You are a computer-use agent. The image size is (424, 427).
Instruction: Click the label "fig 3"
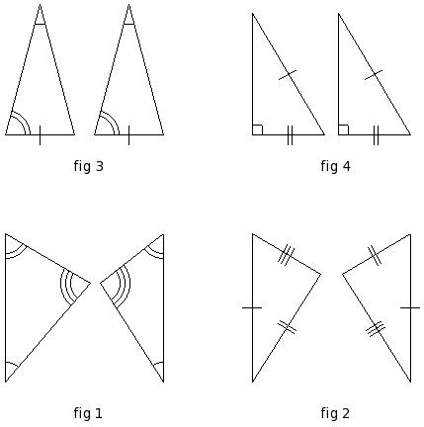pyautogui.click(x=89, y=166)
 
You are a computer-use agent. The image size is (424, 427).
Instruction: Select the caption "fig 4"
pyautogui.click(x=335, y=166)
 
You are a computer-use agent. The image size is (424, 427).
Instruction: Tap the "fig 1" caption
pyautogui.click(x=88, y=413)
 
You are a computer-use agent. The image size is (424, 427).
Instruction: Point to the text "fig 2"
pyautogui.click(x=335, y=413)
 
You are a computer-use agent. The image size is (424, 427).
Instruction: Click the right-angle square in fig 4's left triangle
pyautogui.click(x=258, y=129)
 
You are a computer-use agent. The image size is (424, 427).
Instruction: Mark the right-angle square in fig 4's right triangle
pyautogui.click(x=343, y=129)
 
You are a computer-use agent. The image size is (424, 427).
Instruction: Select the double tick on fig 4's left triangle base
pyautogui.click(x=290, y=135)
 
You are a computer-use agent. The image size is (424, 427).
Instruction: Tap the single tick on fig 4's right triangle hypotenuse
pyautogui.click(x=374, y=75)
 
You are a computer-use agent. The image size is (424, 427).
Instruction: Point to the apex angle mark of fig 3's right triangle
pyautogui.click(x=128, y=24)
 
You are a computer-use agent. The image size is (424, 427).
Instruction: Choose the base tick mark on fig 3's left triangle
pyautogui.click(x=40, y=135)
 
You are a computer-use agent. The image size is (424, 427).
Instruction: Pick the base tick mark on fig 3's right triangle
pyautogui.click(x=128, y=135)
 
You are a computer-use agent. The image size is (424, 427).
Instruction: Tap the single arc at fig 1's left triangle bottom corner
pyautogui.click(x=13, y=364)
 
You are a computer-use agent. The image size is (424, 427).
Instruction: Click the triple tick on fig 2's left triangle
pyautogui.click(x=286, y=255)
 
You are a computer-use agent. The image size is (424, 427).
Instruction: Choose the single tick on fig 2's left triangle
pyautogui.click(x=252, y=307)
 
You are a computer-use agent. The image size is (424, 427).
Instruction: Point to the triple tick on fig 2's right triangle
pyautogui.click(x=376, y=329)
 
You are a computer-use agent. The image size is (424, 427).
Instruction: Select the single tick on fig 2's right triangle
pyautogui.click(x=410, y=307)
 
